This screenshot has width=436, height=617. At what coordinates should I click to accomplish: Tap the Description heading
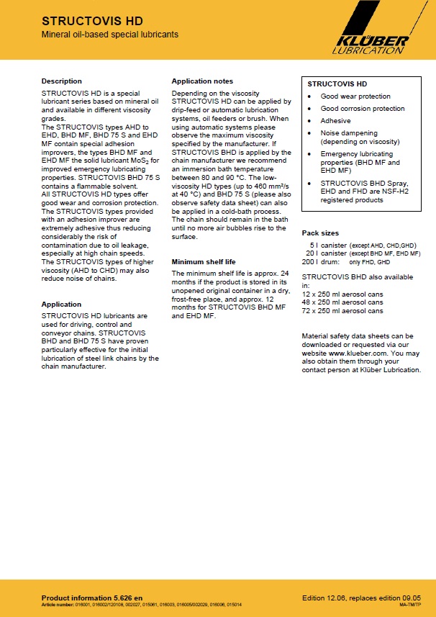pyautogui.click(x=62, y=81)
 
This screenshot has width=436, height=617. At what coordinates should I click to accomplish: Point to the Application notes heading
pyautogui.click(x=202, y=81)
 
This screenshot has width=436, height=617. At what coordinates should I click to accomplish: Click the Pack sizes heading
pyautogui.click(x=320, y=233)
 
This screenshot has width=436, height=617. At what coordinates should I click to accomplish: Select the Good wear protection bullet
pyautogui.click(x=355, y=96)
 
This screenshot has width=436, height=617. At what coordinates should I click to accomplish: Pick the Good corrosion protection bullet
pyautogui.click(x=363, y=109)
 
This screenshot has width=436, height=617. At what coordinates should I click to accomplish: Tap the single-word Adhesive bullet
pyautogui.click(x=335, y=121)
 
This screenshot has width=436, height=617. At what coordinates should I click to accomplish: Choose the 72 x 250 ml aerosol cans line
pyautogui.click(x=342, y=311)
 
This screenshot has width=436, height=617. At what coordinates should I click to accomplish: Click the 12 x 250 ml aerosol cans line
pyautogui.click(x=342, y=294)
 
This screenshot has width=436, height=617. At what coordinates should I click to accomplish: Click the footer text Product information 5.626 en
pyautogui.click(x=92, y=598)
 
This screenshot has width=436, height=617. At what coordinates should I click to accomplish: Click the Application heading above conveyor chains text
pyautogui.click(x=61, y=305)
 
